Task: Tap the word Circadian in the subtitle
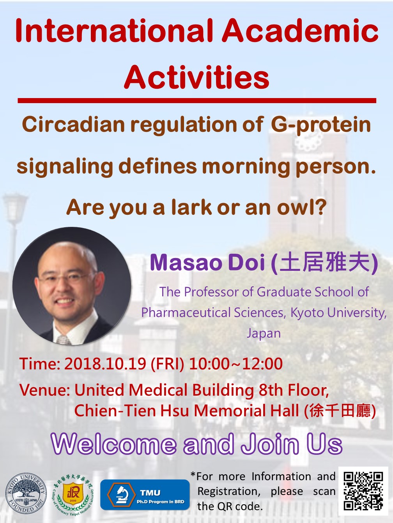[x=74, y=125]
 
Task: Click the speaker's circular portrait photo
[x=72, y=286]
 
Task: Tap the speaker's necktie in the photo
[x=64, y=339]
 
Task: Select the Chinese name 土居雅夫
[x=326, y=263]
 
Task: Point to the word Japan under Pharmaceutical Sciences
[x=264, y=333]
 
